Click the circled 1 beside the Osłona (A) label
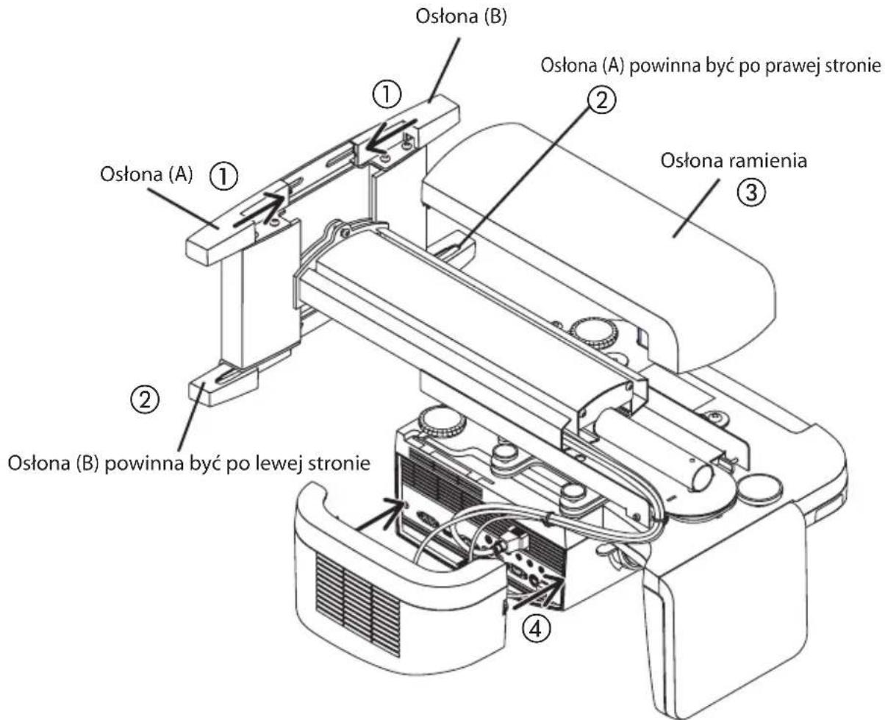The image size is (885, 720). coord(223,176)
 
